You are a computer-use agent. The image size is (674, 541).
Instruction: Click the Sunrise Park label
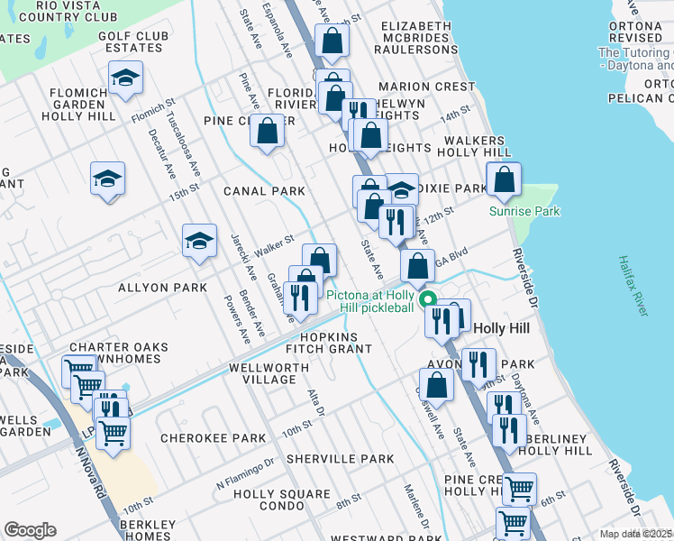[x=524, y=211]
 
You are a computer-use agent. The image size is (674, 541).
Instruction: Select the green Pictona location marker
[x=428, y=300]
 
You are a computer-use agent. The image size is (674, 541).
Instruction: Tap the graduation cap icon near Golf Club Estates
[x=125, y=78]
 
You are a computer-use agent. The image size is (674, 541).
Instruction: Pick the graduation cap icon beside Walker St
[x=199, y=241]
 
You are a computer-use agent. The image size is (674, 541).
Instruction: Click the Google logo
[x=30, y=529]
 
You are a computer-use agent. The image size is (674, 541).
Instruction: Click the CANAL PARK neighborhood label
[x=266, y=191]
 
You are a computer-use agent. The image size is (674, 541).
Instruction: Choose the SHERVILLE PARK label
[x=341, y=459]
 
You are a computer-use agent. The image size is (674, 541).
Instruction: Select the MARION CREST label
[x=426, y=87]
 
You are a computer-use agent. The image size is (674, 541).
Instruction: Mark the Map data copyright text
[x=636, y=534]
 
